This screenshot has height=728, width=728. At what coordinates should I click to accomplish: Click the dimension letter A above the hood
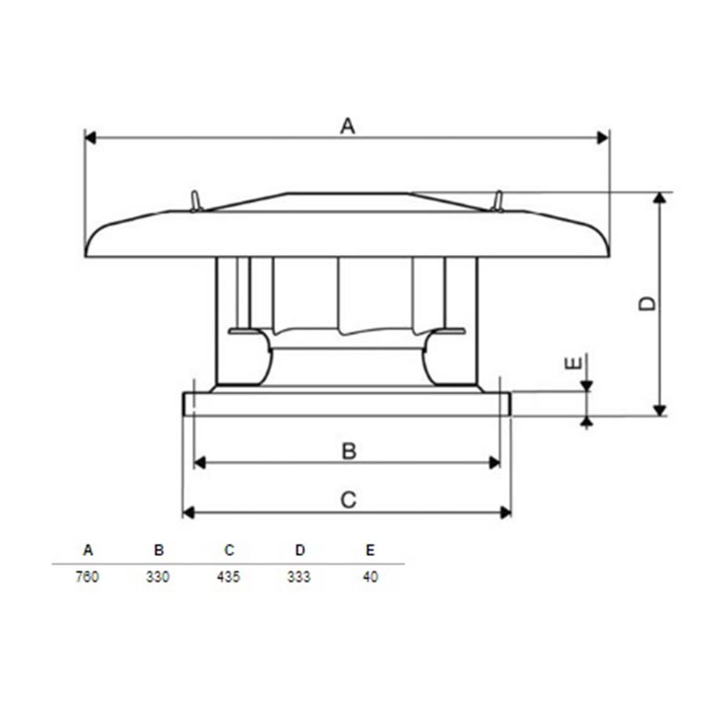click(348, 126)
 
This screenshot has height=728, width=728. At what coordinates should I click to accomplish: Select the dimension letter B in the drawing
click(349, 450)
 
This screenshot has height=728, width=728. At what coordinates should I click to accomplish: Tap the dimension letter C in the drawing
click(349, 500)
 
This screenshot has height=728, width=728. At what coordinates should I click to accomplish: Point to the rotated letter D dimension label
click(647, 304)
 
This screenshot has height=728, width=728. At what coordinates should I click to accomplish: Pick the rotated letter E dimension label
click(573, 363)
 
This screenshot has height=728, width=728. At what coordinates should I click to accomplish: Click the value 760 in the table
click(86, 577)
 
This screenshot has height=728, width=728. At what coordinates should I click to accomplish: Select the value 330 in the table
click(157, 577)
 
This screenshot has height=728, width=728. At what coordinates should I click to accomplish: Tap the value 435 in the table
click(228, 577)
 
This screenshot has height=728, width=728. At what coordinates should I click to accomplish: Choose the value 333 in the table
click(298, 577)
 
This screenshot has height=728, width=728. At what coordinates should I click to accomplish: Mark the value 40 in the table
click(370, 577)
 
